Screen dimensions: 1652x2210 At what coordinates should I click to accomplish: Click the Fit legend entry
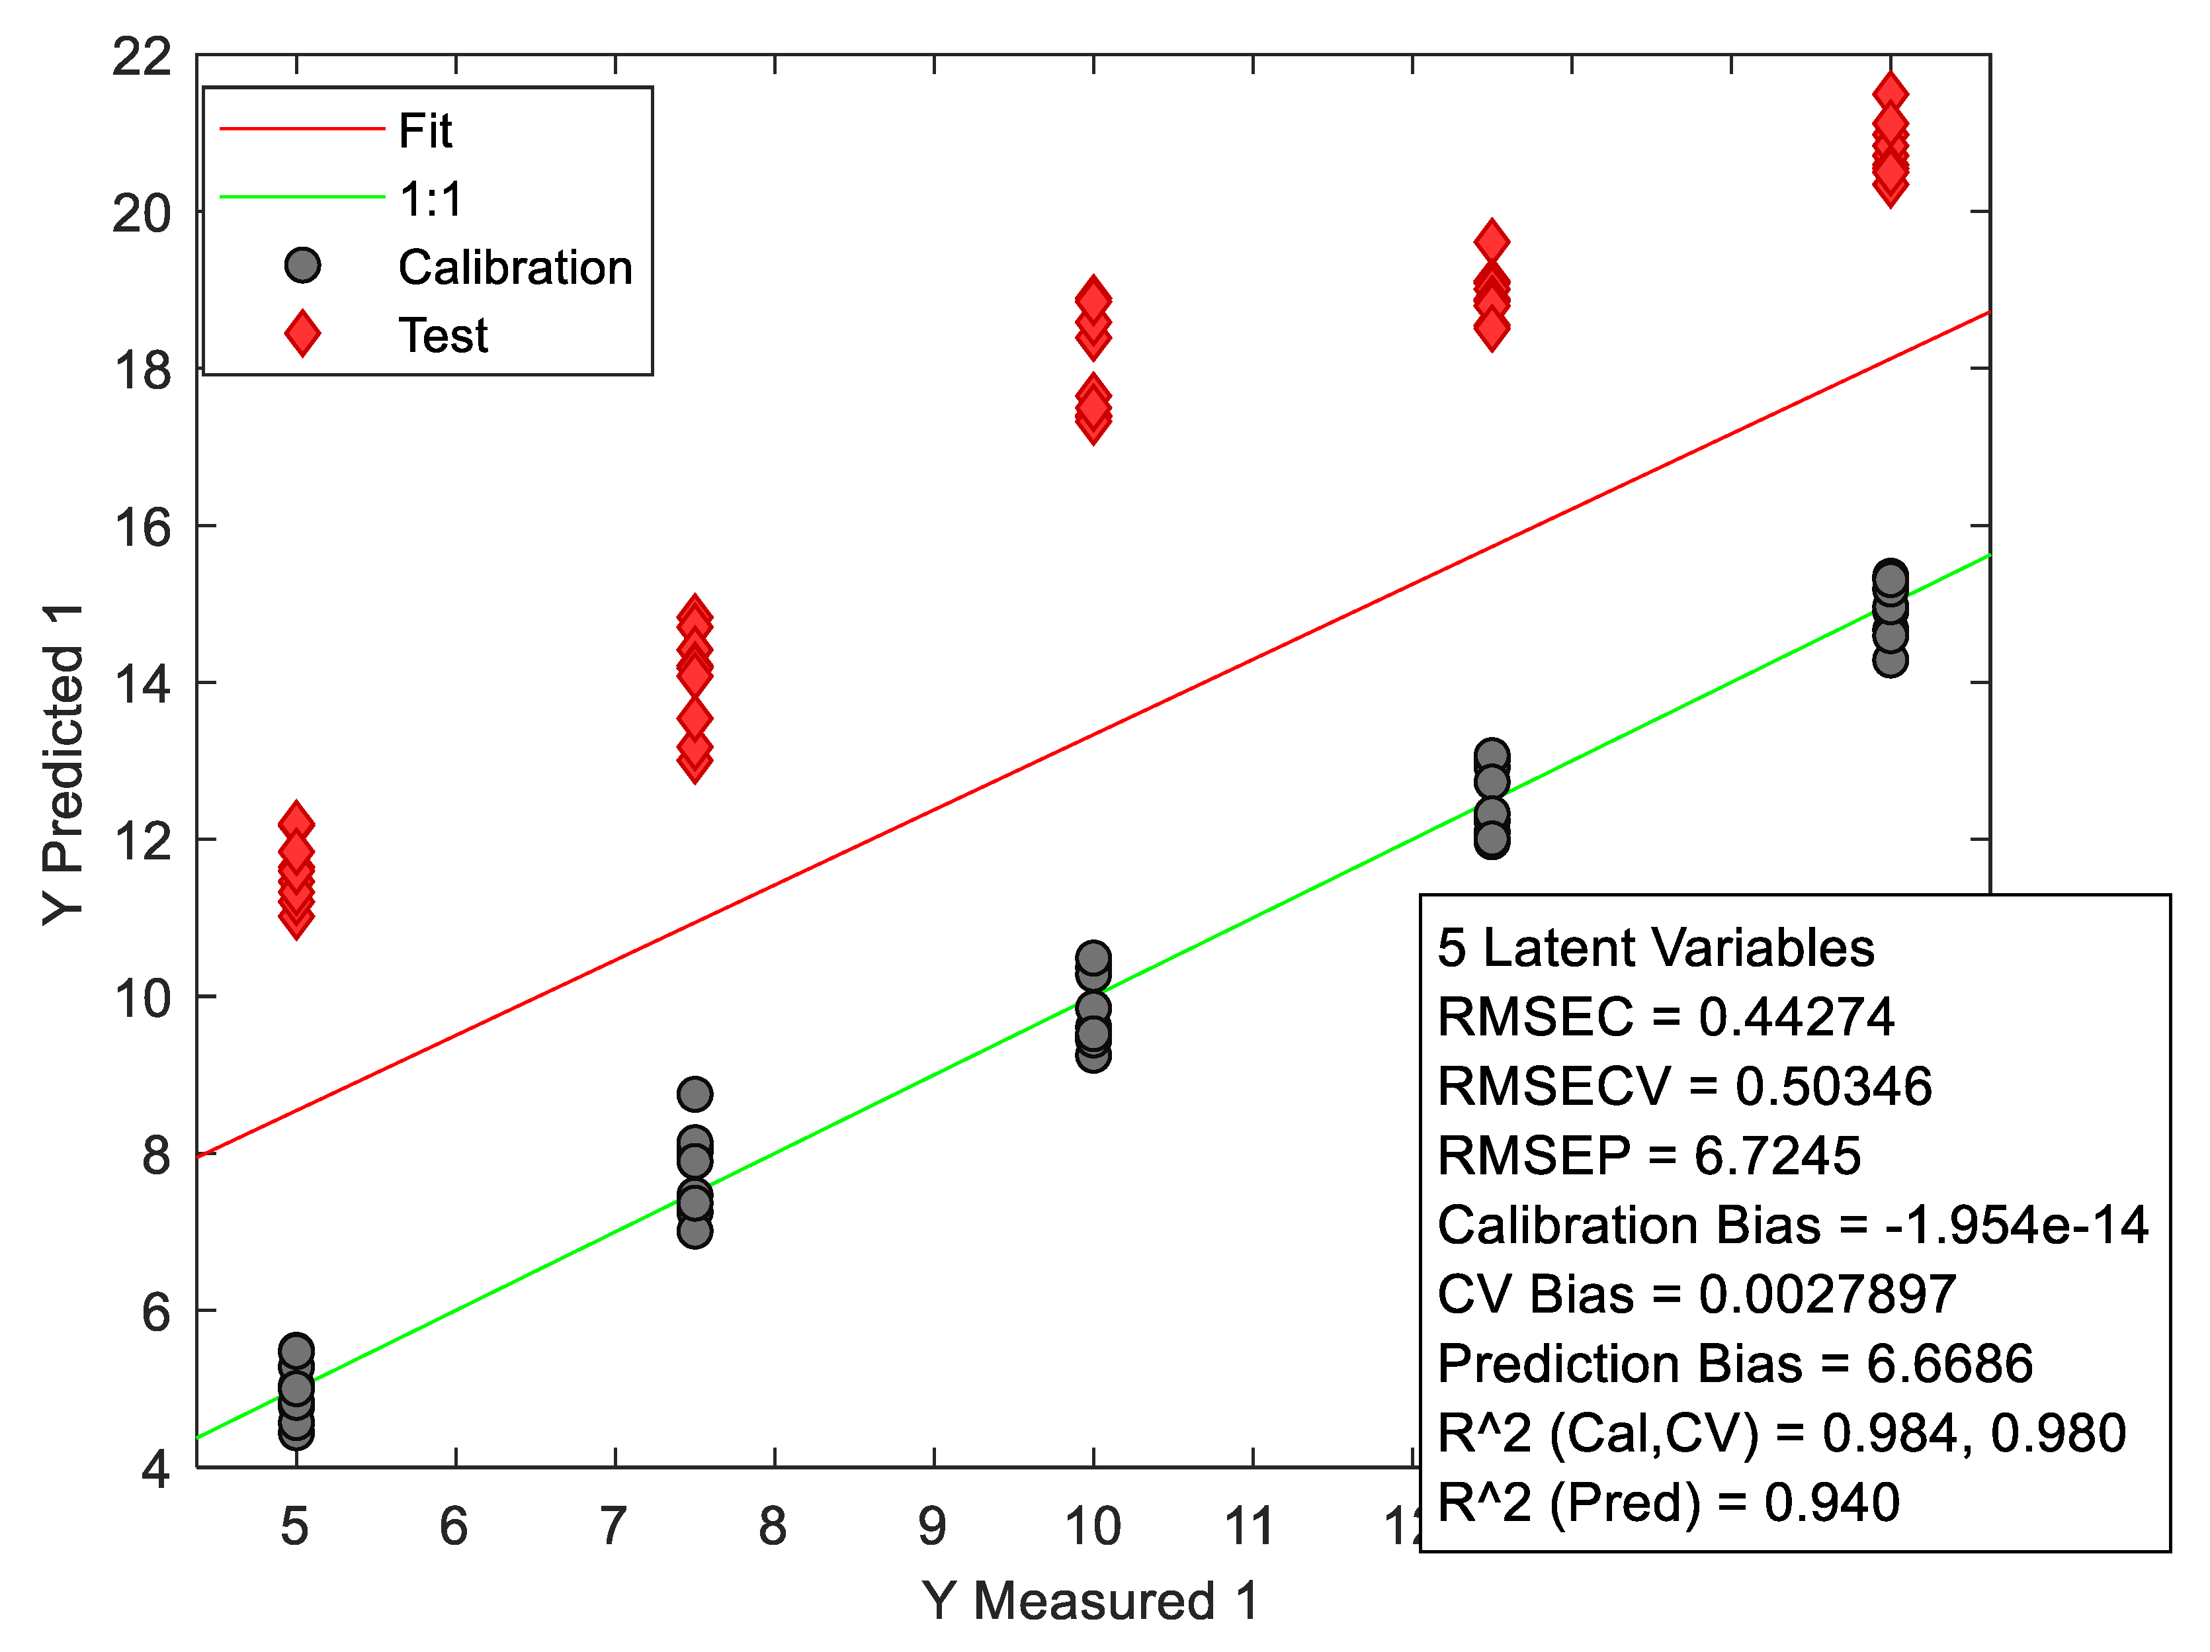[x=425, y=130]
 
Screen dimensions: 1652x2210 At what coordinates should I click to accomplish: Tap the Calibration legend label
[x=515, y=267]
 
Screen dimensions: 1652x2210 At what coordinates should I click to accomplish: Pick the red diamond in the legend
[x=302, y=334]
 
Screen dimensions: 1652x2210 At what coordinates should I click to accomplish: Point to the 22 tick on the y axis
[x=141, y=56]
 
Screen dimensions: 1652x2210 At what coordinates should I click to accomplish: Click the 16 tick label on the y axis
[x=141, y=527]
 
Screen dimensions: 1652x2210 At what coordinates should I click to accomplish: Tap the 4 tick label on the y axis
[x=155, y=1468]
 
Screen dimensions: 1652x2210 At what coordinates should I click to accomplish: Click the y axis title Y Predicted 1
[x=63, y=765]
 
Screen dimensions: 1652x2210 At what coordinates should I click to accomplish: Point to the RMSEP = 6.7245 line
[x=1648, y=1155]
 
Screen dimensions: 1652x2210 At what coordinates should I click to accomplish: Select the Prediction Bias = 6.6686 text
[x=1734, y=1363]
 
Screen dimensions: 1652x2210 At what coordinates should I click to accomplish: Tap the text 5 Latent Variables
[x=1656, y=947]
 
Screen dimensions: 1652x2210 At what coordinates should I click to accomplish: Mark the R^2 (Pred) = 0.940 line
[x=1668, y=1502]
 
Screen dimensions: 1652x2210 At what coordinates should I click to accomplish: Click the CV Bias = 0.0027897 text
[x=1695, y=1294]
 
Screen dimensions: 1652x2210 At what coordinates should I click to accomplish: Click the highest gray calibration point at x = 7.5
[x=695, y=1094]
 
